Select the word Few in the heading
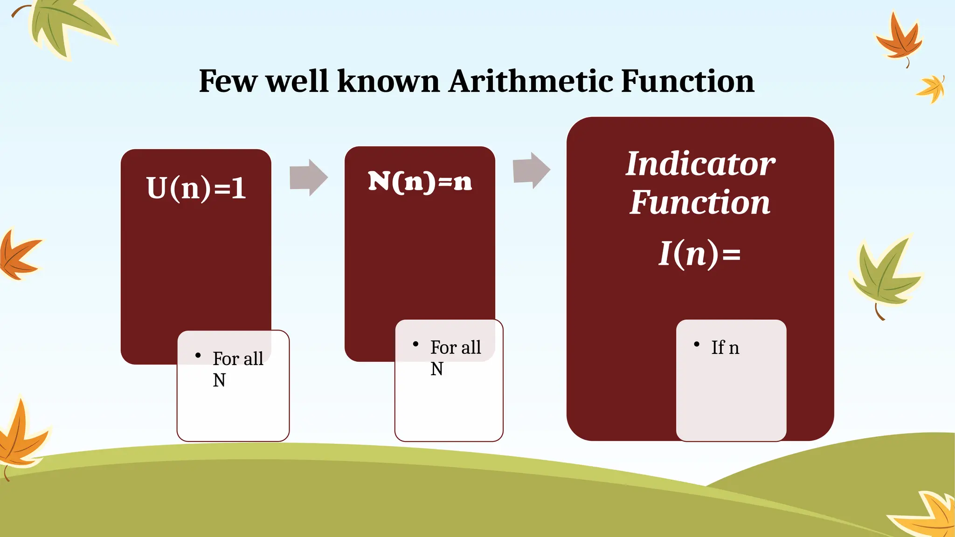tap(228, 81)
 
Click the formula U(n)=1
tap(196, 188)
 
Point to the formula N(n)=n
tap(420, 182)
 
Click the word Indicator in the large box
tap(700, 164)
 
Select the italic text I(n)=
tap(699, 254)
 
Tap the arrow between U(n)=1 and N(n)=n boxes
tap(308, 178)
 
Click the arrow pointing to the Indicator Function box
tap(531, 170)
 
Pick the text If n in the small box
tap(725, 348)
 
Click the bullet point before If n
tap(697, 344)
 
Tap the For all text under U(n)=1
tap(238, 359)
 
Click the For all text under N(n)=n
tap(455, 348)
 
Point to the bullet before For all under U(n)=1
tap(198, 356)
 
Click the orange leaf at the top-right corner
tap(899, 40)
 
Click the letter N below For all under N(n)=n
tap(436, 369)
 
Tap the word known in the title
tap(388, 81)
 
